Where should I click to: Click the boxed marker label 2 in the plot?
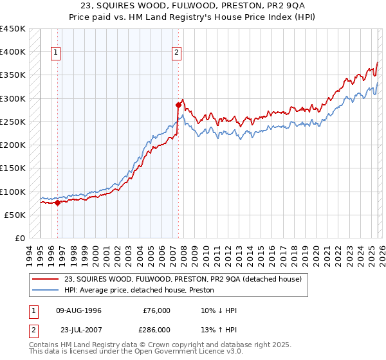pos(176,53)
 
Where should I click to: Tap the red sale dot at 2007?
pos(178,104)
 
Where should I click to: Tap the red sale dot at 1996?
pos(57,203)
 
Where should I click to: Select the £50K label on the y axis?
pos(15,215)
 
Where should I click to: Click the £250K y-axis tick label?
pos(12,122)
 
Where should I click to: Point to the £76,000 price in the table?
pos(156,310)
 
